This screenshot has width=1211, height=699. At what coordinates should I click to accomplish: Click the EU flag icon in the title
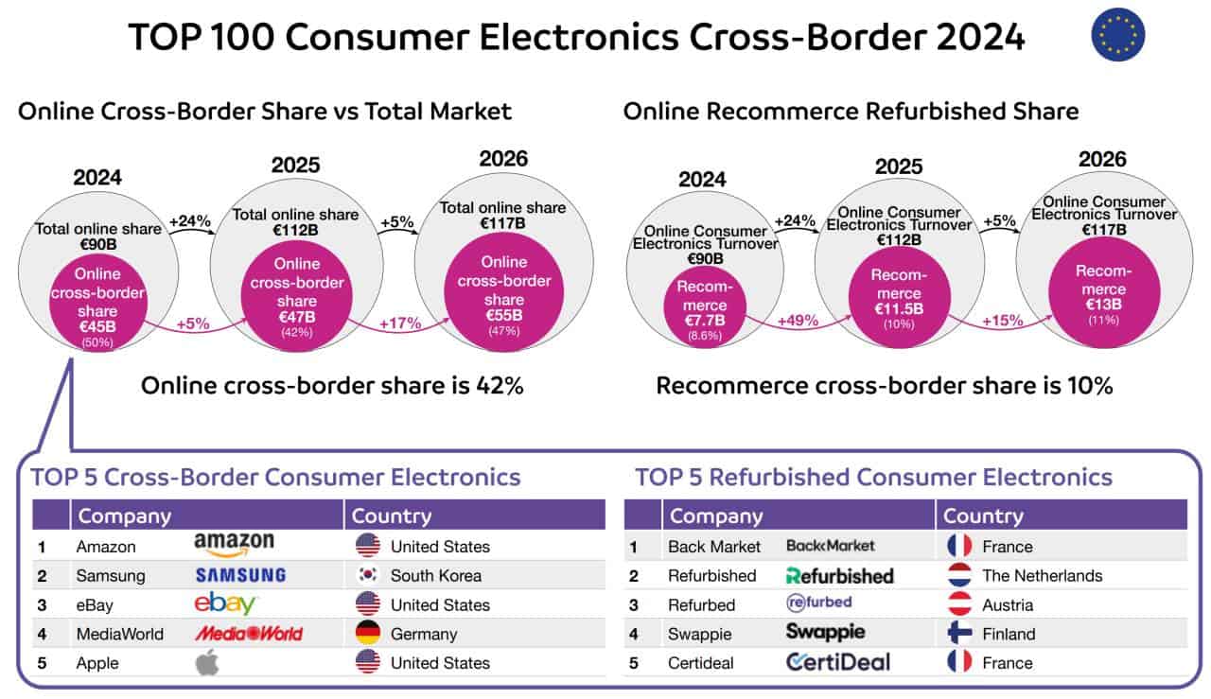1117,37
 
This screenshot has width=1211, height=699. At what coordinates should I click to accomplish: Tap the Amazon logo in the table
234,544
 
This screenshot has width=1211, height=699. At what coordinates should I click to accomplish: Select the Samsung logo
240,575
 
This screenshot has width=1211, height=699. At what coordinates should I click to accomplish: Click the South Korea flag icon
368,575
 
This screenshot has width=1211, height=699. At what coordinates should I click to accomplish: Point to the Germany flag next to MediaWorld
368,634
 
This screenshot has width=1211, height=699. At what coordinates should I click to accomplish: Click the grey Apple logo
206,662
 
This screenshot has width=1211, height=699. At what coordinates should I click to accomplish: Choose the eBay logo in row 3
225,604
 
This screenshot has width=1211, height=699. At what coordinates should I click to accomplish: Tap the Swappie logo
825,632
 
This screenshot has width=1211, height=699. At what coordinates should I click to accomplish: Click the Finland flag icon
959,634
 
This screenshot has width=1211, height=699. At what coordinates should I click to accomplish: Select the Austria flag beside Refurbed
959,604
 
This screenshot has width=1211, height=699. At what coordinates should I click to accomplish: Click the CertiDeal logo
837,662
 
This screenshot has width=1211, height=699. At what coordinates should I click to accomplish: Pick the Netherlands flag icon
959,575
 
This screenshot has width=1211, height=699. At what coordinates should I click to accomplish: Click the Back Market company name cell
714,547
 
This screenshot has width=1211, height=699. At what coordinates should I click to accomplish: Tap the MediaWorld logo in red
248,634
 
